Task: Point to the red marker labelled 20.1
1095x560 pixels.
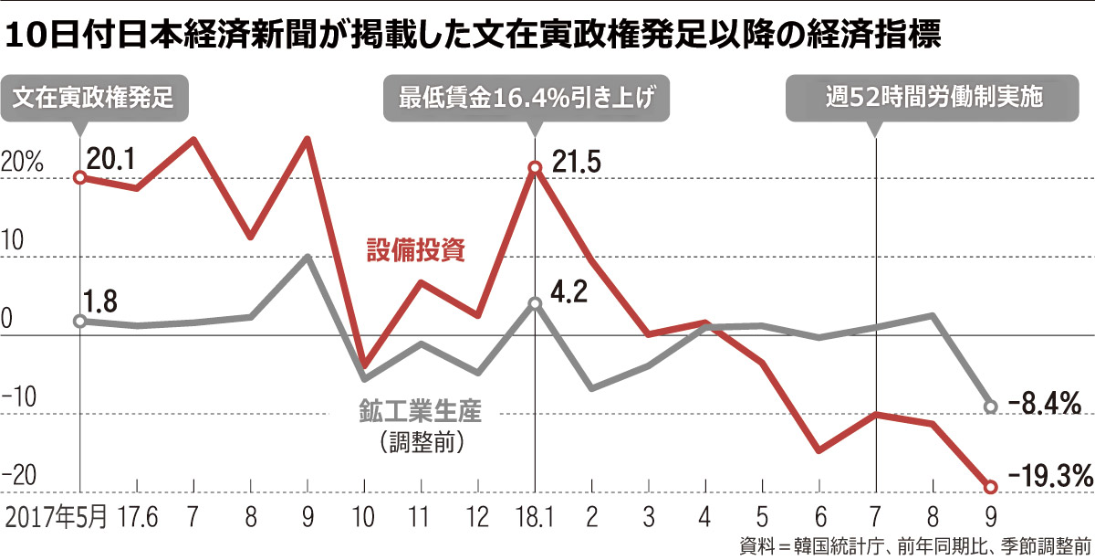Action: pyautogui.click(x=79, y=177)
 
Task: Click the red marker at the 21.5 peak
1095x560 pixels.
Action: pyautogui.click(x=536, y=167)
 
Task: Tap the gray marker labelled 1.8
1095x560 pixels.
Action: pyautogui.click(x=79, y=322)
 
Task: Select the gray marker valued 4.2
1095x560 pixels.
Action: pyautogui.click(x=536, y=302)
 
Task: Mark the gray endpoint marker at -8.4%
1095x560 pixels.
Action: pyautogui.click(x=991, y=406)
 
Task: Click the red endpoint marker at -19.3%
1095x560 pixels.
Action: pyautogui.click(x=991, y=487)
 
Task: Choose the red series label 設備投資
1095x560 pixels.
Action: pyautogui.click(x=416, y=250)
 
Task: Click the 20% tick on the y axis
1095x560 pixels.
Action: pyautogui.click(x=23, y=164)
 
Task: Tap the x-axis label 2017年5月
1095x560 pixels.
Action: pyautogui.click(x=56, y=517)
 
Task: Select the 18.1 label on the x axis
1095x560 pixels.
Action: pyautogui.click(x=536, y=517)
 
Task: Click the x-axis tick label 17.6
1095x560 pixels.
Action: pyautogui.click(x=137, y=517)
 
